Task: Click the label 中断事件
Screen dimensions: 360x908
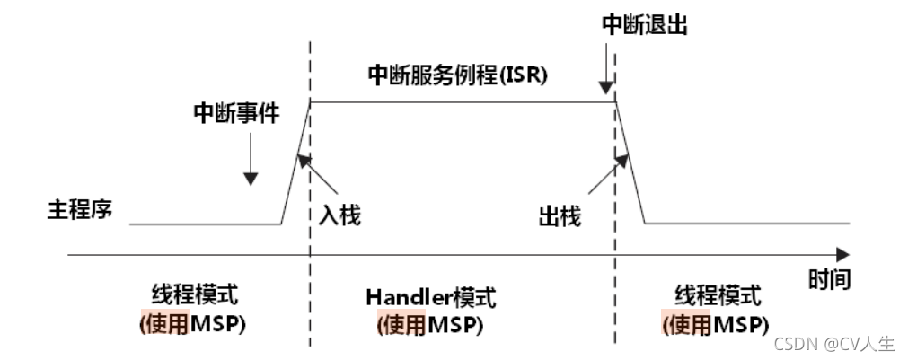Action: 235,113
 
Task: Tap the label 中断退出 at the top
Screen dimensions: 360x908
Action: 645,24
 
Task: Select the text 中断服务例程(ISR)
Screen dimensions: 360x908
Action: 458,75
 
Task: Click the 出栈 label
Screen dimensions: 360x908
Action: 560,215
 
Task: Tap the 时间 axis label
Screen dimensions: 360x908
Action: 828,279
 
